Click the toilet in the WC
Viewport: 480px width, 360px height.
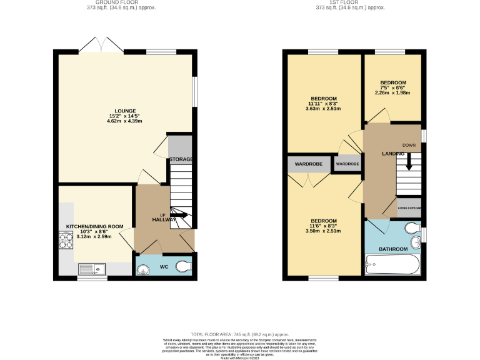point(184,266)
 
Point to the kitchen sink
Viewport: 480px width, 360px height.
point(92,269)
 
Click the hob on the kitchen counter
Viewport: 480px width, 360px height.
point(66,239)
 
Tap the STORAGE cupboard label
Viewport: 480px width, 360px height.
point(181,159)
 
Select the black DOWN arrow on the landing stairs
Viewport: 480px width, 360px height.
point(409,162)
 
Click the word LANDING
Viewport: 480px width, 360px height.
point(393,153)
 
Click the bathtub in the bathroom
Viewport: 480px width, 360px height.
point(392,267)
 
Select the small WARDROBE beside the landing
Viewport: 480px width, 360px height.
point(347,164)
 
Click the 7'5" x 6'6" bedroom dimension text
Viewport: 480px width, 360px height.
point(394,88)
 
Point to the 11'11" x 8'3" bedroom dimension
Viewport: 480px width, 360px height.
point(324,104)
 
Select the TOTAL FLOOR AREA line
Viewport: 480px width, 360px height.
point(239,334)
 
